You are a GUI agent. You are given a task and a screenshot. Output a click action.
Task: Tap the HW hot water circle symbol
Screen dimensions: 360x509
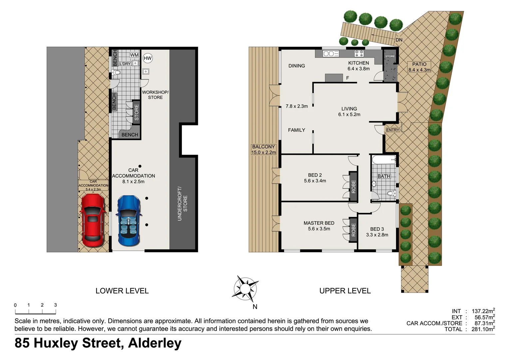tap(148, 58)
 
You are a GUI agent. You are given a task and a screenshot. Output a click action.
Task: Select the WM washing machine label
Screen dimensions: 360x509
tap(134, 55)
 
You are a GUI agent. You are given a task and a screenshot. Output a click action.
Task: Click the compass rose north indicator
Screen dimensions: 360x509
tap(246, 287)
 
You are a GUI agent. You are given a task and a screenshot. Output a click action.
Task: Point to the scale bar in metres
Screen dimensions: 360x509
tap(35, 312)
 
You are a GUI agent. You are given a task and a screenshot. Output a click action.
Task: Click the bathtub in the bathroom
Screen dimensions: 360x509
tap(384, 160)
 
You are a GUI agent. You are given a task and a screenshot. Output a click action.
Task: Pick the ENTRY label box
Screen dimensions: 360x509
tap(392, 130)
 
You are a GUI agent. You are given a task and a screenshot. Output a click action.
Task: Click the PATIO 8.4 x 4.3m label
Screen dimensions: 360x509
tap(419, 67)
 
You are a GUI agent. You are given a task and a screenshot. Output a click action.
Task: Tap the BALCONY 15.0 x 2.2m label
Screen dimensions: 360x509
tap(263, 149)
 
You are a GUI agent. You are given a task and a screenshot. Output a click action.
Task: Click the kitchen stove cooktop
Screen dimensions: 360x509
tap(359, 53)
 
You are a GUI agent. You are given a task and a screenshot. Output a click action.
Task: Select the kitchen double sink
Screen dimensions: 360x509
tap(331, 54)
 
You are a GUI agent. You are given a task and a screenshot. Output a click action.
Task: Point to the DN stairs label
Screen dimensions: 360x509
tap(399, 40)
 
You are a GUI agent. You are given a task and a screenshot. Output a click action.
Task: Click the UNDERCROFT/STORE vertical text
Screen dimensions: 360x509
tap(182, 204)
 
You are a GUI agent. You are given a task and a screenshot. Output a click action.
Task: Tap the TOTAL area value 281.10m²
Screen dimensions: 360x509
tap(483, 329)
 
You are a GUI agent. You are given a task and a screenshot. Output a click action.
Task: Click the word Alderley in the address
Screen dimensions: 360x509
tap(155, 343)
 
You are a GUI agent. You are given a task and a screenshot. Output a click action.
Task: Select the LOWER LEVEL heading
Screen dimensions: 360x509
tap(122, 291)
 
